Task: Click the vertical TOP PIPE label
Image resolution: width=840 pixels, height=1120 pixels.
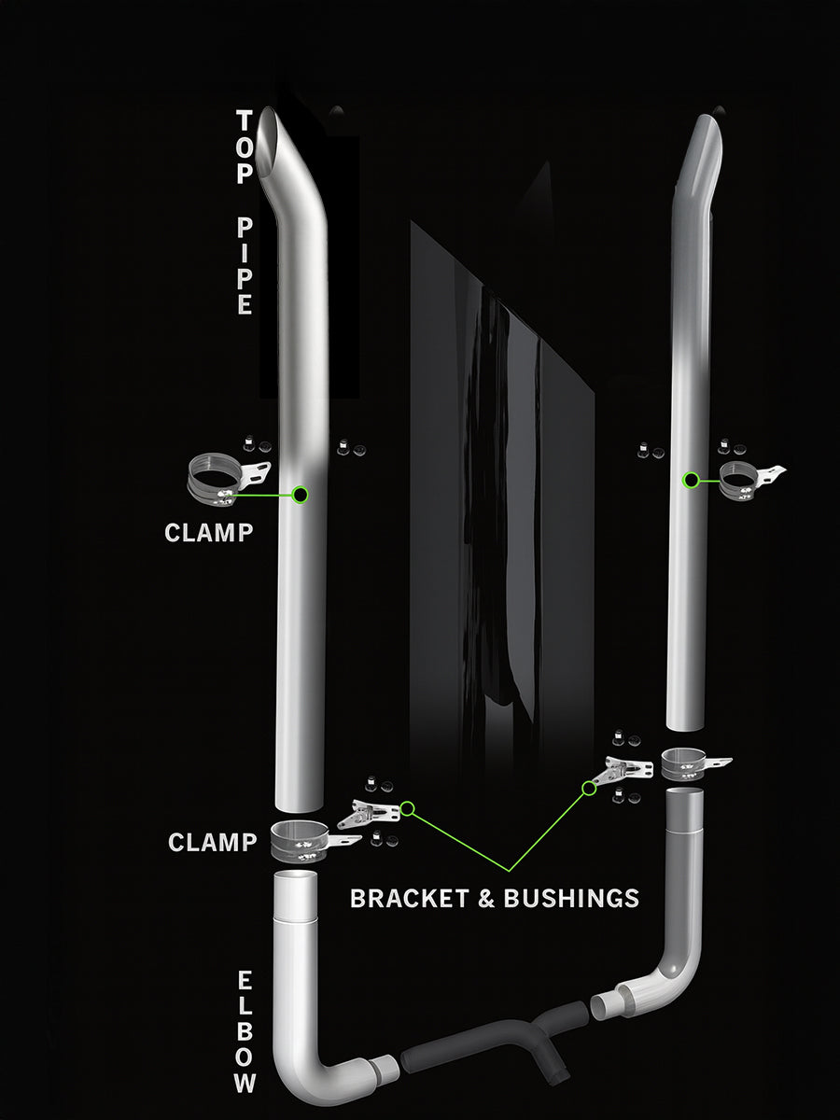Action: pos(245,213)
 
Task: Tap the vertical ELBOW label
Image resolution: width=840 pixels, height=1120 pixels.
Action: pos(245,1031)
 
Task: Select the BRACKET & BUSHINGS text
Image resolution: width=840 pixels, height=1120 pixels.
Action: pos(494,898)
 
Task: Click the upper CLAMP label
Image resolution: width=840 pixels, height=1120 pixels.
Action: pos(208,532)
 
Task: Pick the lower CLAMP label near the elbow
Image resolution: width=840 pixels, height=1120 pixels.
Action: pos(212,842)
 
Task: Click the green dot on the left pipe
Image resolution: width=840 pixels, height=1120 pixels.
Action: pos(301,495)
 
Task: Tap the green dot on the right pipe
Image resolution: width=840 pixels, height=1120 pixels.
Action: pos(691,480)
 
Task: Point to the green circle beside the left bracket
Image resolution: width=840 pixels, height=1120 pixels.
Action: pos(408,808)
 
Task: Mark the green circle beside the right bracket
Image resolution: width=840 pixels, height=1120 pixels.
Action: pos(589,789)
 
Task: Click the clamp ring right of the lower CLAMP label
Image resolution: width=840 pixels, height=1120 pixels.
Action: pos(301,839)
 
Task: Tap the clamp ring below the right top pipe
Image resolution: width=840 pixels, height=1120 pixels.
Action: pos(687,762)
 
